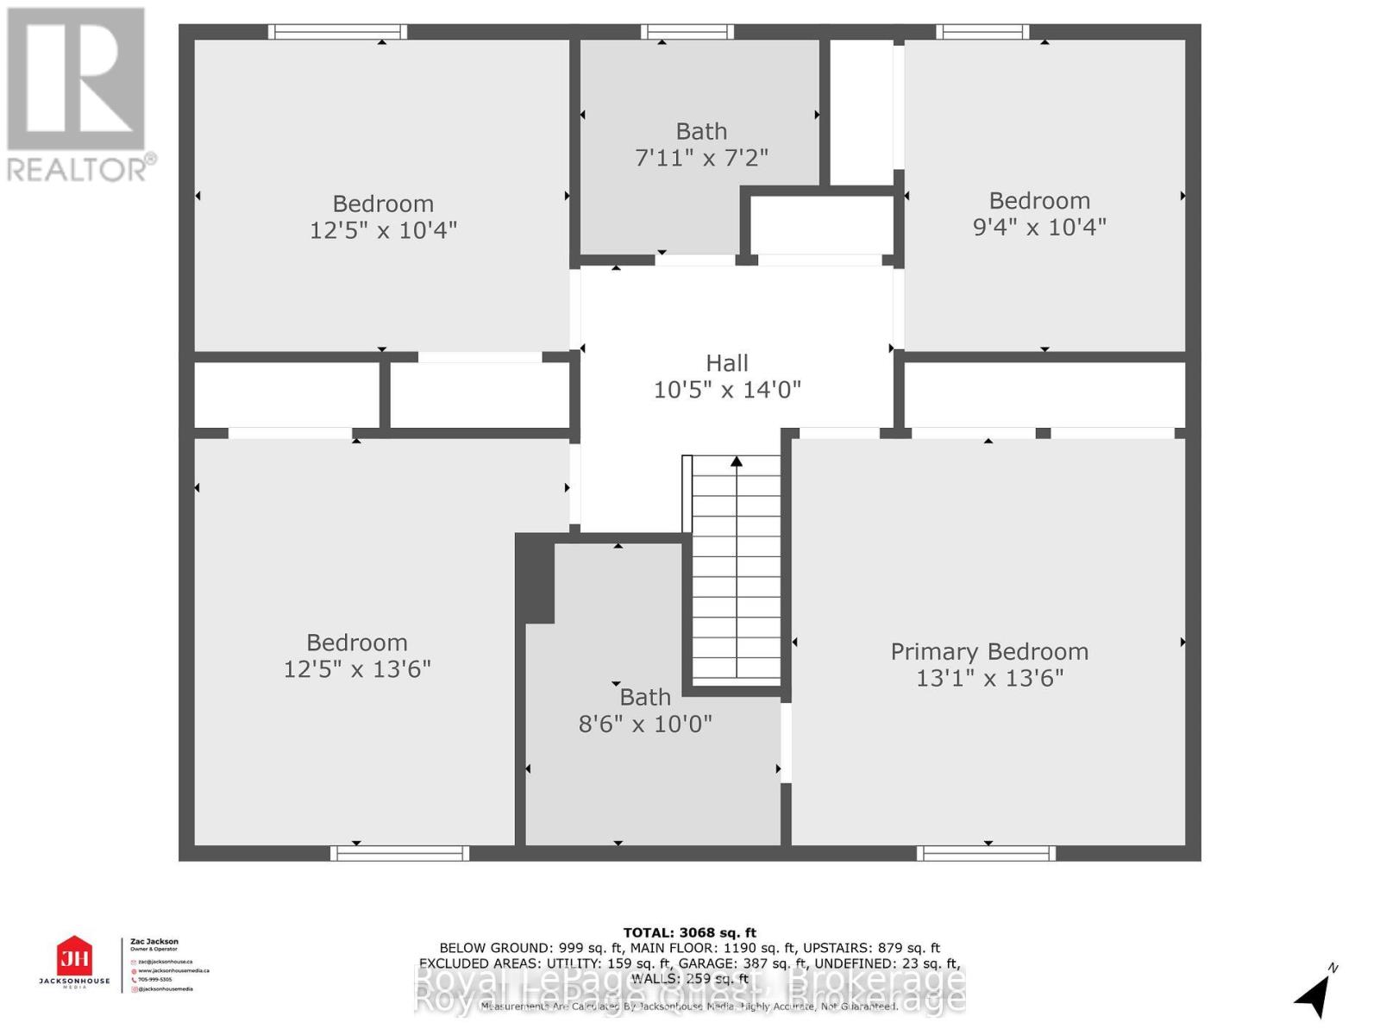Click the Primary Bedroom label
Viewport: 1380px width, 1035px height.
click(x=989, y=651)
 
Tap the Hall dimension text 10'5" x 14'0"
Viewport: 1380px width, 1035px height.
click(x=727, y=390)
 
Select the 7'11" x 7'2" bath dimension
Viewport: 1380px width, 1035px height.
click(x=701, y=158)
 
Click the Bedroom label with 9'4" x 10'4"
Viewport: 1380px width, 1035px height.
click(x=1039, y=201)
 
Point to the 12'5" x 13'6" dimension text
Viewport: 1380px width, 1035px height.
click(x=357, y=669)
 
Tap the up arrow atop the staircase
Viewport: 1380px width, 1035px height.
click(x=737, y=462)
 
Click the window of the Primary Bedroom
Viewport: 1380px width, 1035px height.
click(x=986, y=853)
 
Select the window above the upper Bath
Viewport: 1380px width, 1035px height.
click(x=687, y=32)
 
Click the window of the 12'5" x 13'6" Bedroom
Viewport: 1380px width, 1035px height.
click(x=399, y=853)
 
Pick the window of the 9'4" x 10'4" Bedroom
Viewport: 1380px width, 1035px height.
click(x=982, y=32)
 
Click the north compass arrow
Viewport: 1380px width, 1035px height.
click(x=1314, y=995)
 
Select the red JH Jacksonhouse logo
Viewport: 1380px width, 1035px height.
click(x=74, y=957)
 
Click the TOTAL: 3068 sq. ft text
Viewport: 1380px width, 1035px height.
click(x=689, y=932)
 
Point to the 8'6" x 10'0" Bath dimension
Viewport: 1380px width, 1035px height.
click(x=645, y=724)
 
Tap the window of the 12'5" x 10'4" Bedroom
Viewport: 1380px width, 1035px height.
click(x=337, y=32)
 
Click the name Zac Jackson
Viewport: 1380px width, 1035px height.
click(x=154, y=942)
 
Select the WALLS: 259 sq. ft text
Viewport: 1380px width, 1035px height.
click(x=689, y=979)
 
